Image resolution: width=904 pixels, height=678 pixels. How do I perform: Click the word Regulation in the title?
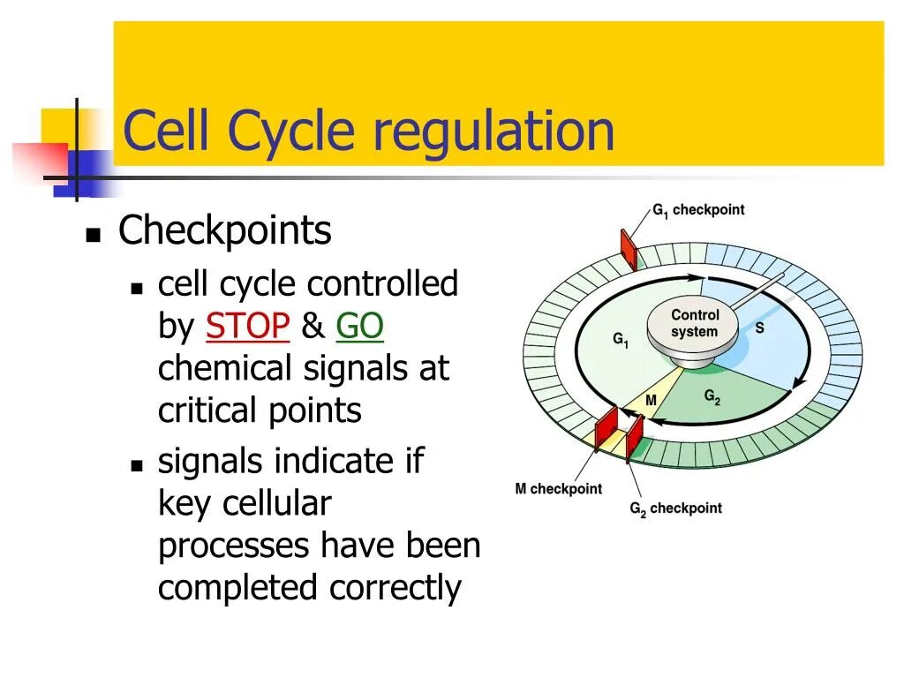pyautogui.click(x=493, y=132)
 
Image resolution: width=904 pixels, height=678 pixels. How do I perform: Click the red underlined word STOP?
pyautogui.click(x=247, y=328)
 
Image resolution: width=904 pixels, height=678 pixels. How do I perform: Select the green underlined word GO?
pyautogui.click(x=359, y=328)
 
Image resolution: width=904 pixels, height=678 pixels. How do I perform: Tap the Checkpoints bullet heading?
pyautogui.click(x=225, y=231)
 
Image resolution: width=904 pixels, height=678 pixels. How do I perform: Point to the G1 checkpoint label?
pyautogui.click(x=698, y=211)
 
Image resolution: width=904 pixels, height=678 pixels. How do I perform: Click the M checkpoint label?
pyautogui.click(x=558, y=489)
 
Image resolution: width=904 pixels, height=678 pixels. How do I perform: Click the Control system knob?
pyautogui.click(x=695, y=325)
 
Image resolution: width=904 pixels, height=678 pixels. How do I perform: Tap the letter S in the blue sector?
pyautogui.click(x=759, y=328)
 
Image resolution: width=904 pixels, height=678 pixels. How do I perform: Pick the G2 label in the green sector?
pyautogui.click(x=712, y=398)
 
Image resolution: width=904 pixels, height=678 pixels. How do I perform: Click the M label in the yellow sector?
pyautogui.click(x=651, y=401)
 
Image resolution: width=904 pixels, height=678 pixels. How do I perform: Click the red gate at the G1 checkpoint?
pyautogui.click(x=629, y=249)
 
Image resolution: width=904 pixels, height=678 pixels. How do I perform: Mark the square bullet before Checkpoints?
pyautogui.click(x=92, y=236)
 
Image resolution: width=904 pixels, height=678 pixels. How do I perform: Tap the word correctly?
pyautogui.click(x=395, y=588)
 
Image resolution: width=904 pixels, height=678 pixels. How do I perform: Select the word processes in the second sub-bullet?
pyautogui.click(x=234, y=546)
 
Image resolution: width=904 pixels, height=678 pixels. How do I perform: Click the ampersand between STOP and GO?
pyautogui.click(x=313, y=328)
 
